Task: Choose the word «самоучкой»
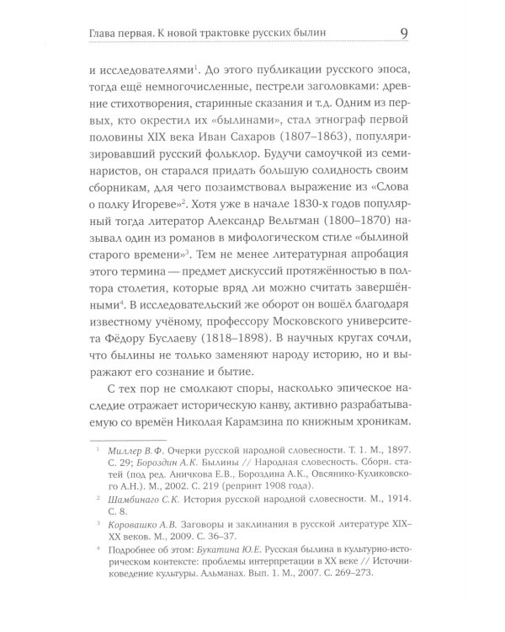click(x=313, y=180)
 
